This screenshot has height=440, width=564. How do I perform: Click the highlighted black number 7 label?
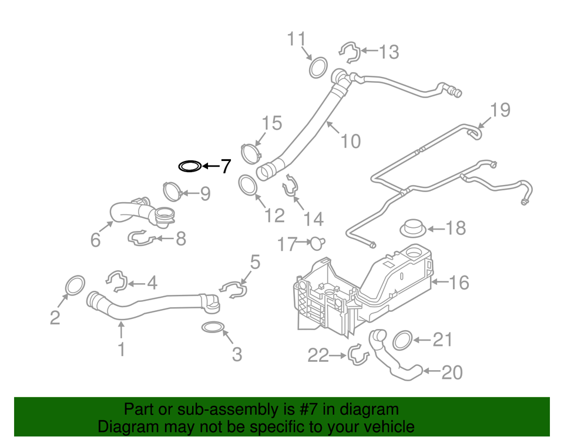[226, 167]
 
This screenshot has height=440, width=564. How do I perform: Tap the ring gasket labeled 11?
[318, 67]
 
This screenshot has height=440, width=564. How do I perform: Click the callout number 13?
[388, 52]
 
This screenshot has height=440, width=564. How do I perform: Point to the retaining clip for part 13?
[350, 52]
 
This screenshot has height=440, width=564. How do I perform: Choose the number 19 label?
[501, 110]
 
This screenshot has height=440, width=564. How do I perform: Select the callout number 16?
[459, 283]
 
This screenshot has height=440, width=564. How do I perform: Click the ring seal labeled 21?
[401, 340]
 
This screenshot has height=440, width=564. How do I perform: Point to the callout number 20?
[452, 372]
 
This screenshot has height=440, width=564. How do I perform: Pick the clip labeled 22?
[357, 354]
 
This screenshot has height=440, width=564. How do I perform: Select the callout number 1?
[121, 350]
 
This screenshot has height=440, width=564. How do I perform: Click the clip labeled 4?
[117, 282]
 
